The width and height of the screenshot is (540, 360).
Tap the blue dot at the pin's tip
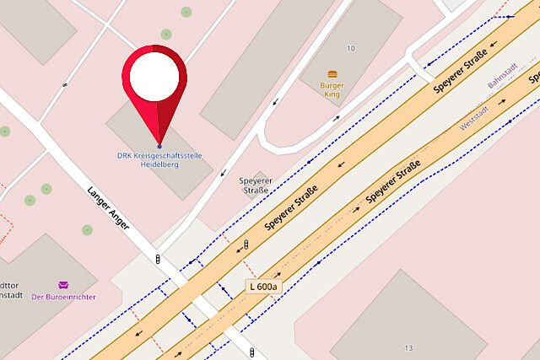pyautogui.click(x=159, y=148)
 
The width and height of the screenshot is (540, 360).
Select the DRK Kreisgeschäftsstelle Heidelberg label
pyautogui.click(x=159, y=160)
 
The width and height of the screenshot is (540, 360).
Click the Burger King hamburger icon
pyautogui.click(x=332, y=74)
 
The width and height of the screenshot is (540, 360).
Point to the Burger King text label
pyautogui.click(x=332, y=89)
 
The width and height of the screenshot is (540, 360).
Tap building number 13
pyautogui.click(x=408, y=347)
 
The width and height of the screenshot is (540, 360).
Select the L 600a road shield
pyautogui.click(x=262, y=287)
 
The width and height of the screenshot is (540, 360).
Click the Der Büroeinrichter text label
pyautogui.click(x=63, y=297)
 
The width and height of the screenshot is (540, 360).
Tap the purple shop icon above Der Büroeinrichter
pyautogui.click(x=63, y=285)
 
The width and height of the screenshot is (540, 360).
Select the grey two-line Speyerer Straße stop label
pyautogui.click(x=254, y=185)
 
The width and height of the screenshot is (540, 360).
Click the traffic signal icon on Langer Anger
pyautogui.click(x=158, y=258)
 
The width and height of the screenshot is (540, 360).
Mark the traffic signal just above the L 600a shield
pyautogui.click(x=246, y=244)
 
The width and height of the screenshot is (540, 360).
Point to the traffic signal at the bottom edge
pyautogui.click(x=253, y=352)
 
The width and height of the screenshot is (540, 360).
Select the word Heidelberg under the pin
pyautogui.click(x=159, y=164)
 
